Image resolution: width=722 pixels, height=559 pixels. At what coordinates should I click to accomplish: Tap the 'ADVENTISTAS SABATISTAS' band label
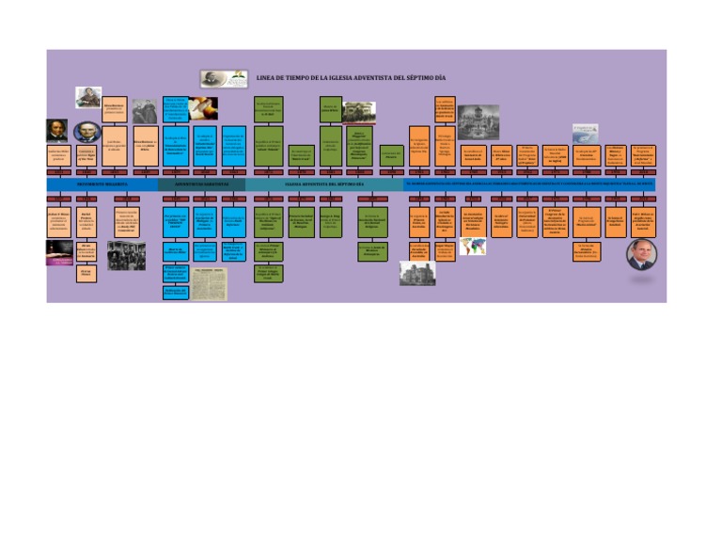(x=202, y=185)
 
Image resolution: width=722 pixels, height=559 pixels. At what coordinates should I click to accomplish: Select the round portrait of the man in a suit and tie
(x=641, y=251)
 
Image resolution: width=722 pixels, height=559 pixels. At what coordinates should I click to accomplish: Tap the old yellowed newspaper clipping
(x=210, y=283)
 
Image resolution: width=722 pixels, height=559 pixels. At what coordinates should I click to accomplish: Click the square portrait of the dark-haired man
(x=56, y=131)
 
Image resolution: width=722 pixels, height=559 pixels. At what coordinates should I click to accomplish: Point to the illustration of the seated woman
(x=89, y=97)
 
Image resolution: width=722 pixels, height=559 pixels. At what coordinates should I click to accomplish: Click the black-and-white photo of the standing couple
(x=145, y=111)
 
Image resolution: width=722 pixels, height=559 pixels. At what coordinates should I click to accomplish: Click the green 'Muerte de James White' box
(x=330, y=107)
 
